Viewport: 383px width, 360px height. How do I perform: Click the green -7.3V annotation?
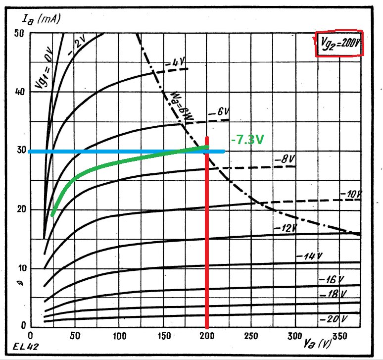[x=247, y=140]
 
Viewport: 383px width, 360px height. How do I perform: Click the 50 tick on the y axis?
[x=19, y=33]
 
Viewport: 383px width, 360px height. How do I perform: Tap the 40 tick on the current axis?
[x=19, y=92]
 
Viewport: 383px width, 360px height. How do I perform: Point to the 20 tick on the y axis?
[x=19, y=209]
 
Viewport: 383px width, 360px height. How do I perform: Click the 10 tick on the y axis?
[x=19, y=268]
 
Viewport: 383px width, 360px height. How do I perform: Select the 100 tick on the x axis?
[x=118, y=336]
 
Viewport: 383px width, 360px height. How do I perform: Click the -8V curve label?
[x=284, y=159]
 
